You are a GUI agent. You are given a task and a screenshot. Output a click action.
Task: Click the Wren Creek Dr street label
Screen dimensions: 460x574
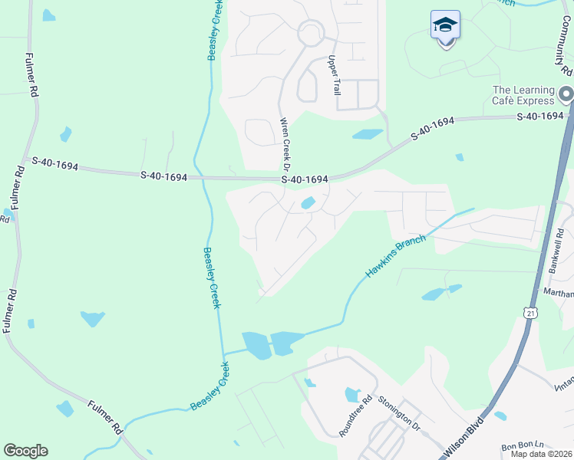[x=284, y=143]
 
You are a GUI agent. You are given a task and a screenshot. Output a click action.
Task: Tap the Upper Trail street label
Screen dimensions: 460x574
[x=334, y=75]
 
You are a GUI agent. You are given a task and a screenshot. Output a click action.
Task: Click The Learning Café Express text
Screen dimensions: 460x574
[x=523, y=95]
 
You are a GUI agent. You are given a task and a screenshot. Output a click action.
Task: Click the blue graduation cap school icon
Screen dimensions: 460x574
[x=445, y=26]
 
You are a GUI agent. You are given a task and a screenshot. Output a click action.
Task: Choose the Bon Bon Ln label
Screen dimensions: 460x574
[x=522, y=446]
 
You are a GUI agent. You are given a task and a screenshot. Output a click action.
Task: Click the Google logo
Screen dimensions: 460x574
[x=25, y=451]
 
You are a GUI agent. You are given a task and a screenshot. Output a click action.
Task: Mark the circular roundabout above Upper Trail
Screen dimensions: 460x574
[x=311, y=33]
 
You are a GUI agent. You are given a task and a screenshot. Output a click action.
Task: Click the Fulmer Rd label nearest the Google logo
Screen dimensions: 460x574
[x=105, y=415]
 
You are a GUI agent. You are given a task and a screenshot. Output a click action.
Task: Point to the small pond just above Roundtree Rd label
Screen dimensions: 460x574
[x=352, y=395]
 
